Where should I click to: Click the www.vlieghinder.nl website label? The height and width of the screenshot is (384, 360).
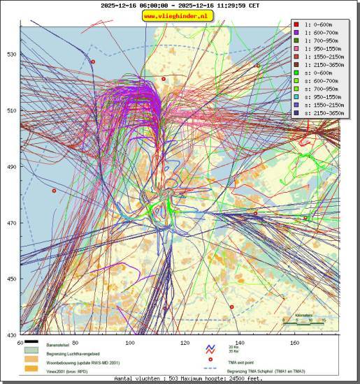click(x=179, y=15)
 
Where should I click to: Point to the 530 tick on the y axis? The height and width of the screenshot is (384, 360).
click(x=10, y=54)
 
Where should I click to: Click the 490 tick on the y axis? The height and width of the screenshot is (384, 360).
click(x=10, y=167)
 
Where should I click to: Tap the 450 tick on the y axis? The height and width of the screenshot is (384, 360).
click(x=10, y=279)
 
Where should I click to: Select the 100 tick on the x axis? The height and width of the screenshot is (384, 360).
click(x=129, y=343)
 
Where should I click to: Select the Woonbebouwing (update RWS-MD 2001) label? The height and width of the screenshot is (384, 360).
click(x=79, y=362)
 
